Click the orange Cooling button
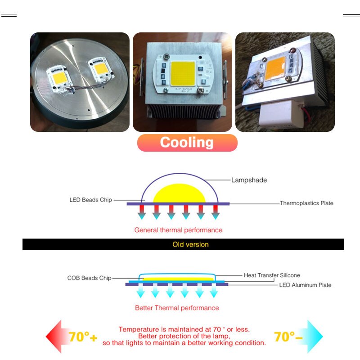point(187,143)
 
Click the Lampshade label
point(249,180)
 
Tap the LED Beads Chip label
point(90,200)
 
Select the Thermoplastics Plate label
point(306,203)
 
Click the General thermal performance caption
point(178,230)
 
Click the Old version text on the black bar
point(190,245)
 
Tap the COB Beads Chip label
point(89,278)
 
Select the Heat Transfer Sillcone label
point(272,275)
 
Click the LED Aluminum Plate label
point(305,285)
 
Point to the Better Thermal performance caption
point(177,308)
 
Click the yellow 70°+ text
point(83,337)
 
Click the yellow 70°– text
point(288,337)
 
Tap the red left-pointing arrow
point(56,337)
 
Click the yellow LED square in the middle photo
point(182,72)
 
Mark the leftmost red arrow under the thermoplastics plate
point(142,212)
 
